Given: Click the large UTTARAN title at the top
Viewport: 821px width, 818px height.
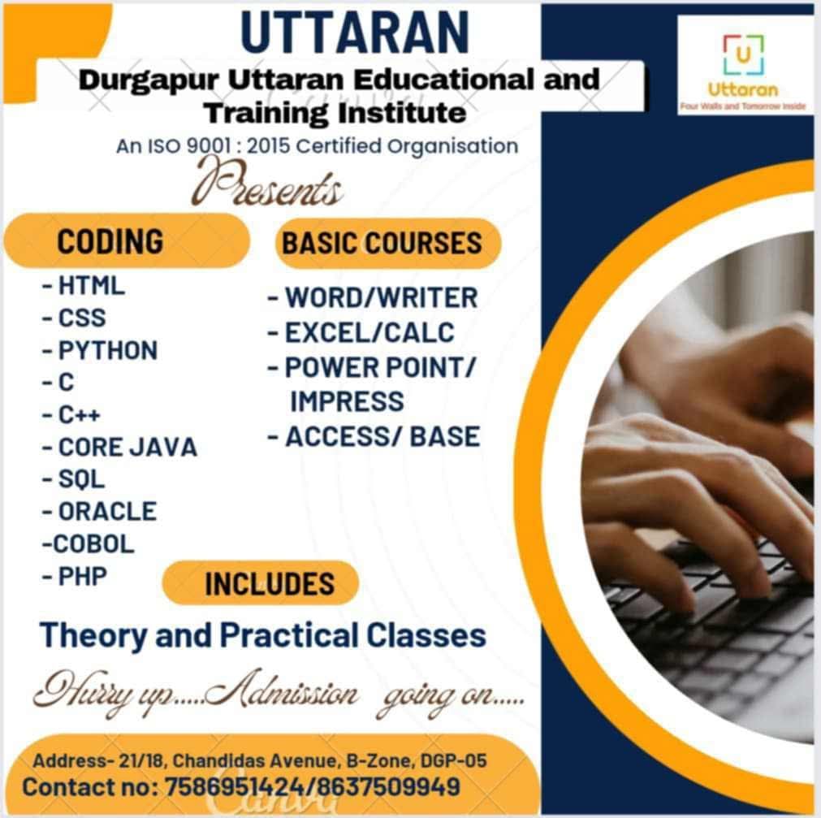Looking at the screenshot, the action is click(355, 32).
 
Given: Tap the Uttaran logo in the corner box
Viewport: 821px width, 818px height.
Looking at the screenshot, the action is click(743, 65).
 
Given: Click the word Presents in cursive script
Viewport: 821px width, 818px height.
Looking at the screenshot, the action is click(268, 182).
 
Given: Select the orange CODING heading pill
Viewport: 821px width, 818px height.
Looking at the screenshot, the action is click(126, 241).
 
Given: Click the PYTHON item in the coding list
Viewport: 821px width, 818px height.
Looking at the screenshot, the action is click(107, 350).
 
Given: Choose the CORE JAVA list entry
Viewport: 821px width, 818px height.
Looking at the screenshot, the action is click(127, 448).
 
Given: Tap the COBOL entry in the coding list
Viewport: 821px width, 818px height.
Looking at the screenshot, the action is click(93, 543).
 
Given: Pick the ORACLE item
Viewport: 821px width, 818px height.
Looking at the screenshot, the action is click(107, 512).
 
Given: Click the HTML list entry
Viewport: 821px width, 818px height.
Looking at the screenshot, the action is click(91, 286).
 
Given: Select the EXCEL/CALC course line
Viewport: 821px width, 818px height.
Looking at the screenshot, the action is click(369, 332).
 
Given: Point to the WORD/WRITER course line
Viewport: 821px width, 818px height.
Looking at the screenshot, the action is click(381, 297).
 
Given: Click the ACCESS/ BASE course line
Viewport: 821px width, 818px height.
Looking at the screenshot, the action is click(382, 437).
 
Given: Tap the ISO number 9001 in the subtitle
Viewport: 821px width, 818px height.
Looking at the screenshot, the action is click(209, 145).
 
